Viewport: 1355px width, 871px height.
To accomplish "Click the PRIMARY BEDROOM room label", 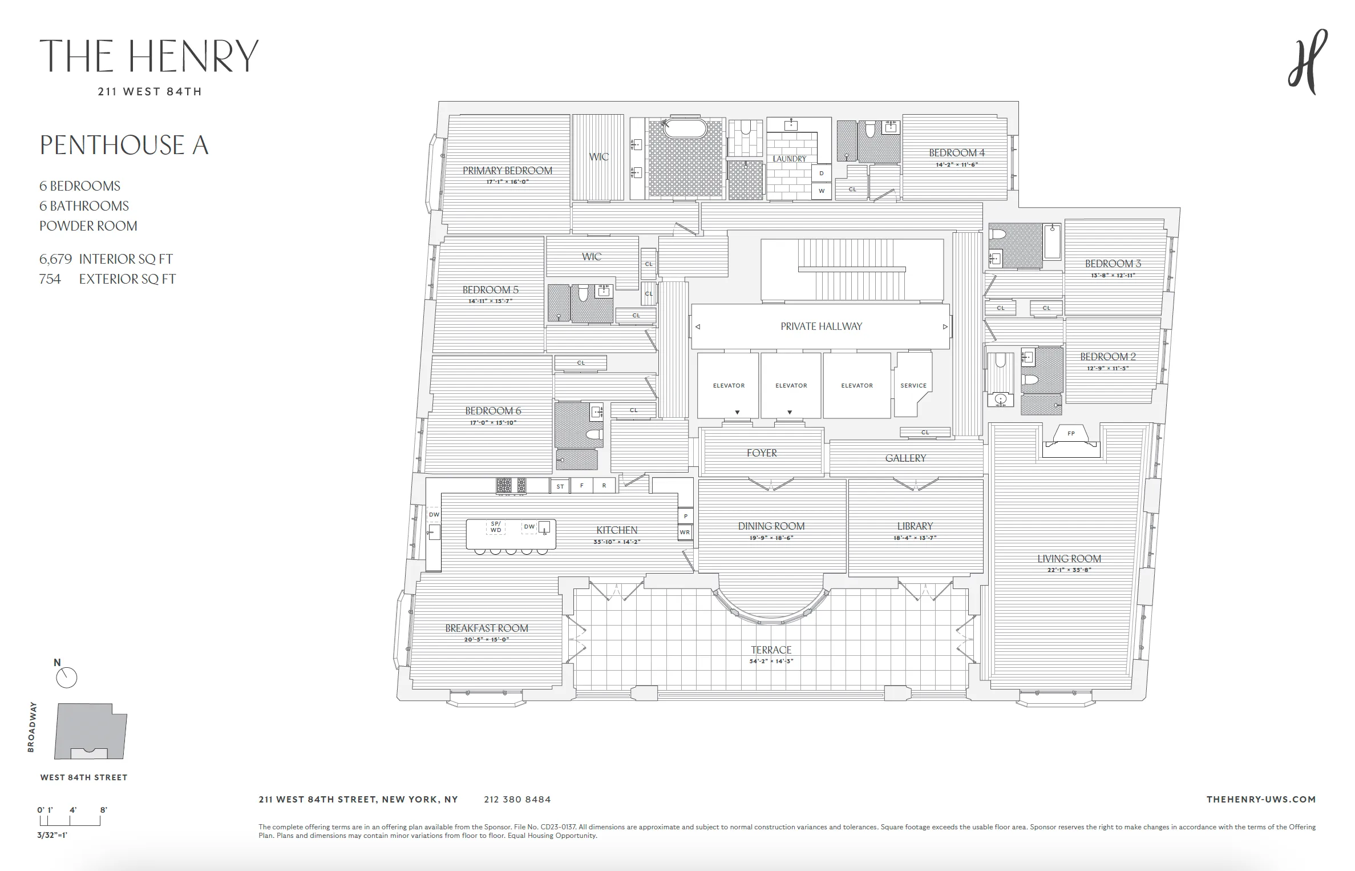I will pos(507,170).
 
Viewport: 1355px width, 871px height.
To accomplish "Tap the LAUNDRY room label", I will pos(790,159).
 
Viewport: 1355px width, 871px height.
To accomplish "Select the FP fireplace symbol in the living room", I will pos(1071,434).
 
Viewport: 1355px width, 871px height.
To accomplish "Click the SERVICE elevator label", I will pos(913,385).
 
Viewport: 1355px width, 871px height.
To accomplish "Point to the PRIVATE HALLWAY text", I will pos(821,326).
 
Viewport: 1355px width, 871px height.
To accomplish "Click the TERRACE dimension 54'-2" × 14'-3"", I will pos(771,661).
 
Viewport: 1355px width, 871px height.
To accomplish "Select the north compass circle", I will pos(67,678).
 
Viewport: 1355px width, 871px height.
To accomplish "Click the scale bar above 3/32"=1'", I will pos(70,821).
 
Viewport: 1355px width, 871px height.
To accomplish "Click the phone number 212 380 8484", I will pos(517,799).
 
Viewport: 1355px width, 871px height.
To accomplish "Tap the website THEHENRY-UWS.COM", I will pos(1261,799).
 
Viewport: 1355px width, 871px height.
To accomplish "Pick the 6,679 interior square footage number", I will pos(55,259).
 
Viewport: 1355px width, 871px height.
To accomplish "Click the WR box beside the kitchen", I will pos(685,532).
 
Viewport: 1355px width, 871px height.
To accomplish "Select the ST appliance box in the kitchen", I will pos(560,486).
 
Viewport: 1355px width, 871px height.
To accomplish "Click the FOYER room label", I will pos(762,453).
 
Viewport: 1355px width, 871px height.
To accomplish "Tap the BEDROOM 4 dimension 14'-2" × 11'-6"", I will pos(957,164).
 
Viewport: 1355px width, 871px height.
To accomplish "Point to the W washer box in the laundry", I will pos(822,191).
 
